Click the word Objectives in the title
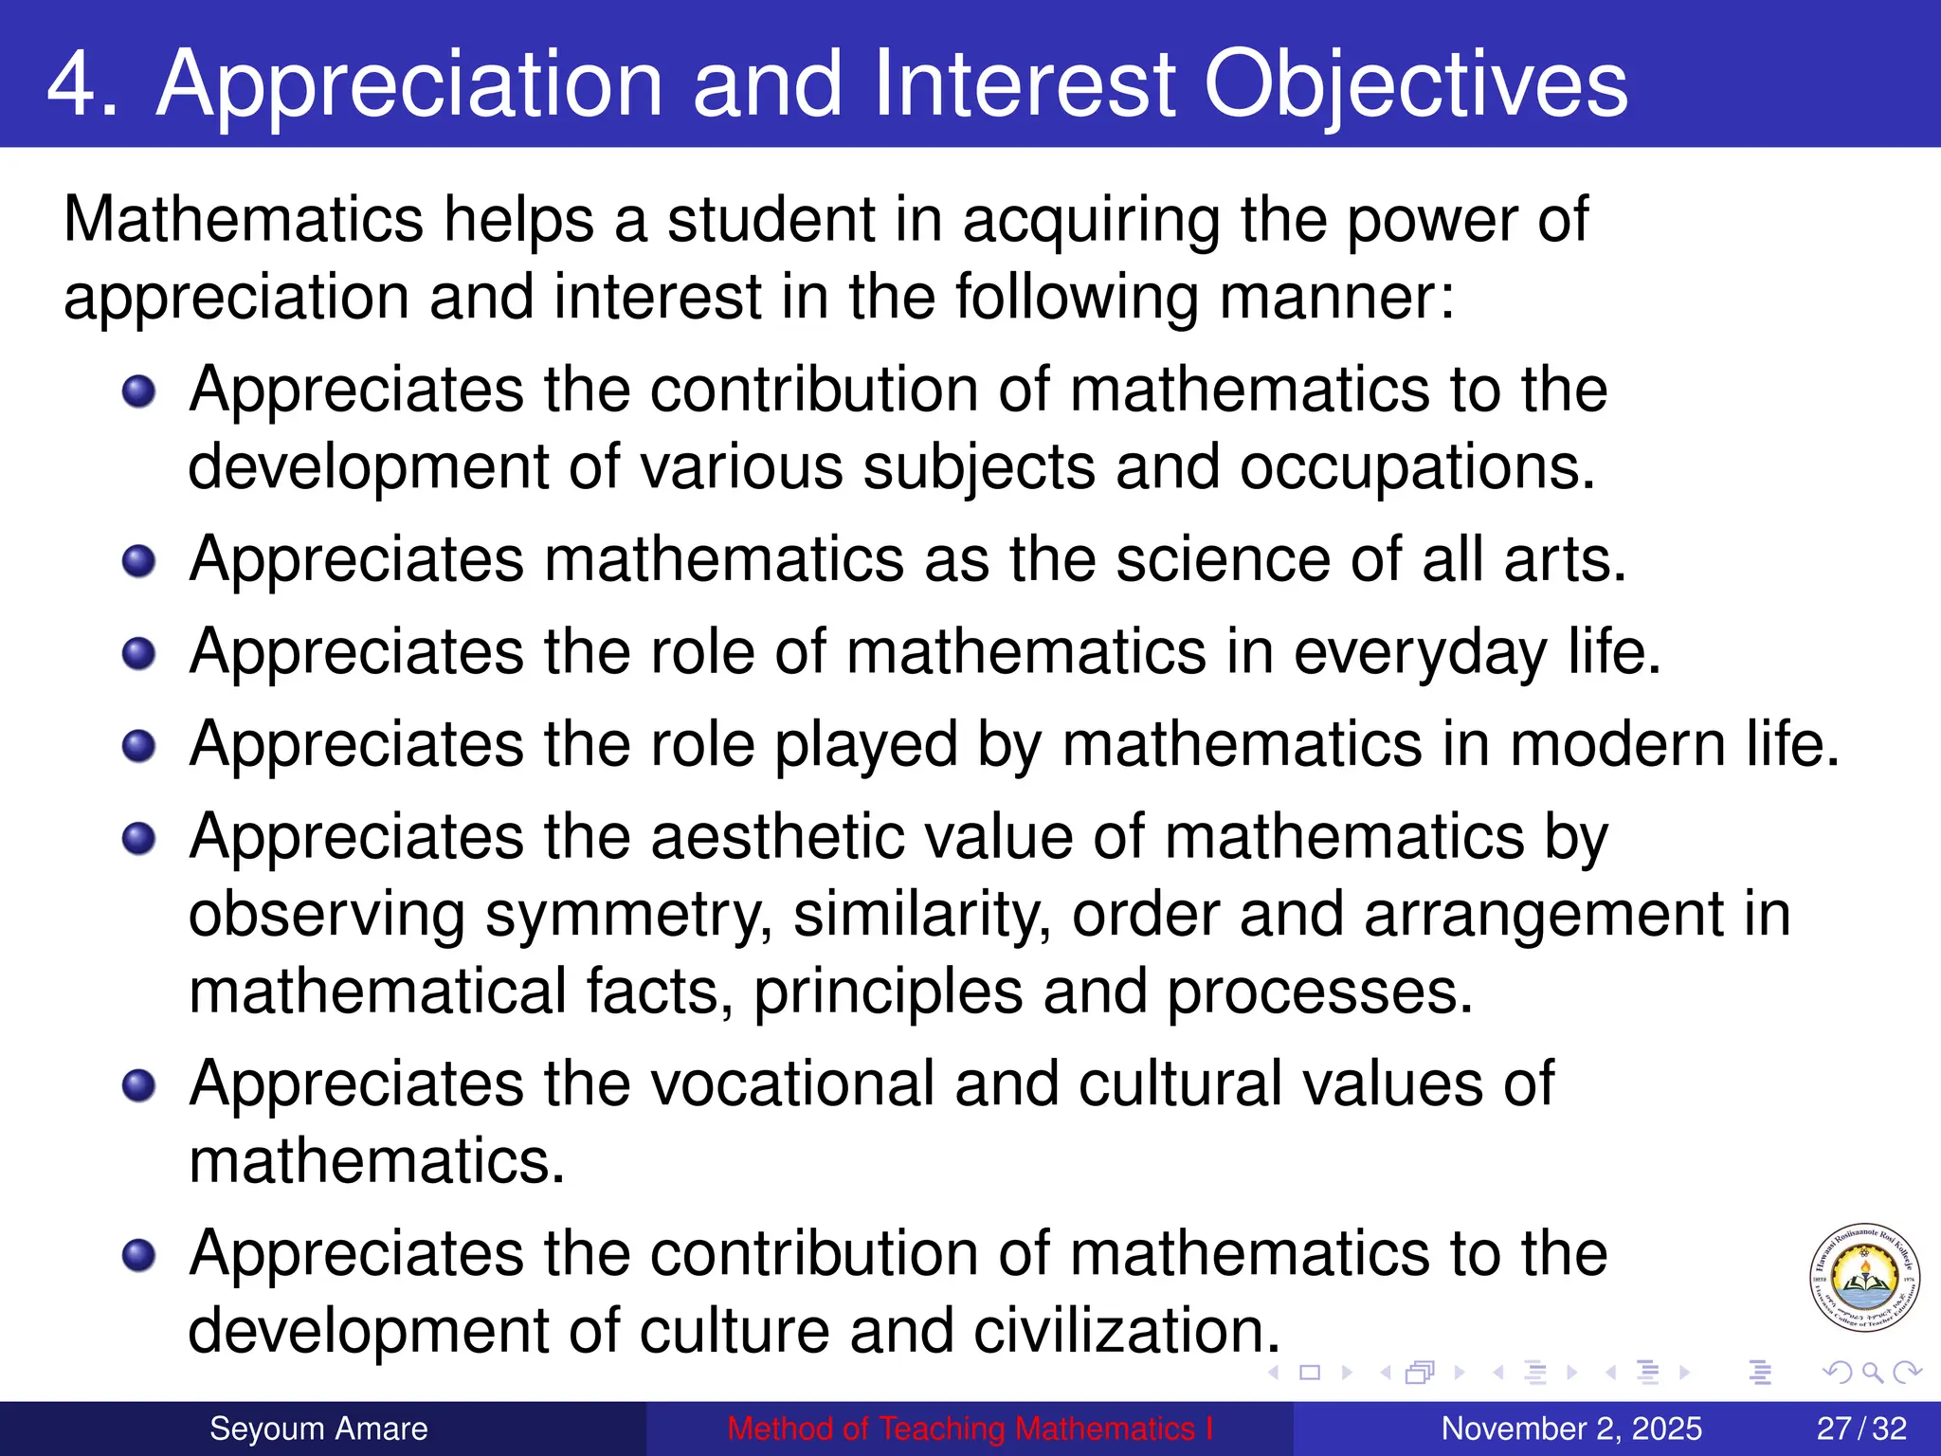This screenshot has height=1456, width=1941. [x=1416, y=85]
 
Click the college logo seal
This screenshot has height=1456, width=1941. [x=1864, y=1278]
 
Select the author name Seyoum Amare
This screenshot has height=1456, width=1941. [x=318, y=1429]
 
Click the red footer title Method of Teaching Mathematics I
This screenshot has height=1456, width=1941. [x=970, y=1429]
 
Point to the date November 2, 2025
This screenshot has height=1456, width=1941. [x=1571, y=1429]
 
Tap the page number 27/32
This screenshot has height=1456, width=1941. [x=1861, y=1429]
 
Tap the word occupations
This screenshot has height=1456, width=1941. [x=1417, y=468]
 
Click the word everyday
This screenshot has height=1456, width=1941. [x=1420, y=653]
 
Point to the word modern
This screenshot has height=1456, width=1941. [x=1618, y=745]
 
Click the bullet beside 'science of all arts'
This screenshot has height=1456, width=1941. [x=139, y=561]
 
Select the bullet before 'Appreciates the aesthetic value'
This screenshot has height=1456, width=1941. [x=139, y=838]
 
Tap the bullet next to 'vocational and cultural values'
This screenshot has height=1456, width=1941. [x=139, y=1085]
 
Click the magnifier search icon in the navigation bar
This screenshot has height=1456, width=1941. [x=1872, y=1372]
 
